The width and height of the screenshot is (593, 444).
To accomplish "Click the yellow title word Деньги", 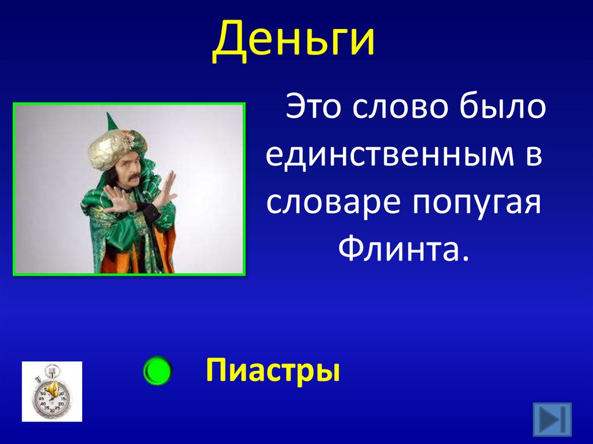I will (293, 41).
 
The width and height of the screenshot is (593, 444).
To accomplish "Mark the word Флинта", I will (402, 251).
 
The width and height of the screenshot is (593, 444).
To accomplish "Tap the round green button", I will (157, 370).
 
